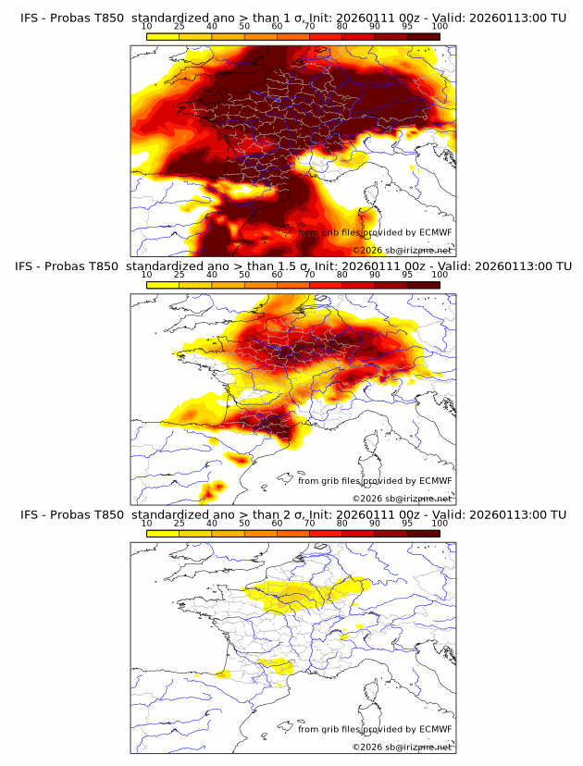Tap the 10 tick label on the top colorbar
pos(146,26)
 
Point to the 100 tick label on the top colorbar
pos(440,26)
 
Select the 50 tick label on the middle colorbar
pos(244,275)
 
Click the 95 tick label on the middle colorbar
pos(407,275)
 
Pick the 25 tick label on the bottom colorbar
pos(180,524)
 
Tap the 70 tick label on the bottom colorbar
pos(309,524)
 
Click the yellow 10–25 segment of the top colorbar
pos(163,36)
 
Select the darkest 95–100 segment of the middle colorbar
pos(423,285)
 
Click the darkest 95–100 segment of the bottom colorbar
pos(423,534)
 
